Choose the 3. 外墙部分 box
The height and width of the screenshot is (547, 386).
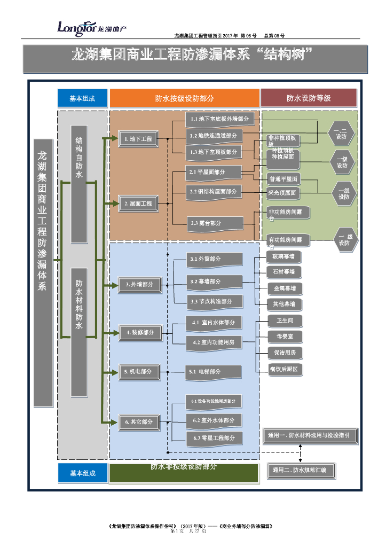(x=139, y=285)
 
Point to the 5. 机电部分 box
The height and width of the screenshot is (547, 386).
(x=138, y=372)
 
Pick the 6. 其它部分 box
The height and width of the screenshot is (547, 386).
(x=139, y=422)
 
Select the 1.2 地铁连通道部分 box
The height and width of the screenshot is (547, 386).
(x=214, y=136)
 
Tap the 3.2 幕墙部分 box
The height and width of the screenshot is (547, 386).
(x=214, y=281)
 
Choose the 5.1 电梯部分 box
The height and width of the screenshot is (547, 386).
(x=214, y=371)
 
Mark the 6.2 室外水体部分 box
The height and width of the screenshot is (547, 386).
(x=214, y=420)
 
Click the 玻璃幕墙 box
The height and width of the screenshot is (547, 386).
(x=284, y=257)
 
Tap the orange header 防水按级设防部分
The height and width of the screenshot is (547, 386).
(x=184, y=98)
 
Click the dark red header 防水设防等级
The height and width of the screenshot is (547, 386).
(x=308, y=98)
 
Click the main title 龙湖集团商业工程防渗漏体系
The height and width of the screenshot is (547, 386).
(x=195, y=56)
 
